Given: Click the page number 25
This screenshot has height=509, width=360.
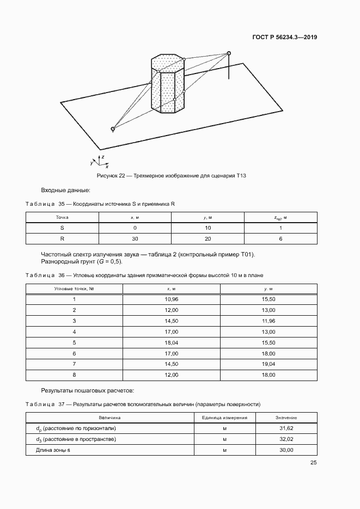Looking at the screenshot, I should [314, 463].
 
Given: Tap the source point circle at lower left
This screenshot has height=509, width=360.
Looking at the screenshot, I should [113, 129].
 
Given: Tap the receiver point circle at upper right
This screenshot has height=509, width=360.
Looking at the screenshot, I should [229, 53].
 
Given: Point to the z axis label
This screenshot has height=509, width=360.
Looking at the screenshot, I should [102, 156].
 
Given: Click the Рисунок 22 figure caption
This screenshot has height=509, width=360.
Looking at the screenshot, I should [172, 175].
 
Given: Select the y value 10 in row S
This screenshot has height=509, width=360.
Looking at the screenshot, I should [208, 228].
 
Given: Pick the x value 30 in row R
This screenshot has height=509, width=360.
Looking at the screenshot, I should [135, 238].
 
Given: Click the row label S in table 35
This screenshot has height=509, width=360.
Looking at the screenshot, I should [62, 228].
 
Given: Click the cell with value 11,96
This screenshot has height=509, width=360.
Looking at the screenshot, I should [268, 320].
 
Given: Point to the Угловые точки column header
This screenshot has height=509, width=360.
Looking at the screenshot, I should [74, 288].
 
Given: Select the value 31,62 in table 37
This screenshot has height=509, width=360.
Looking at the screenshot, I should [286, 428].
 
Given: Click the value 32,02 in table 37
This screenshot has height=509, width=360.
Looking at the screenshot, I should [286, 439].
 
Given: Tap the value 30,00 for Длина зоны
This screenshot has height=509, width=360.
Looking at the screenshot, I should [286, 450].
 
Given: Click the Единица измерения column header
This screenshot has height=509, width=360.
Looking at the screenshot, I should [224, 418].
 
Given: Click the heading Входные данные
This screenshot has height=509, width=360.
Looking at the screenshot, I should [65, 190].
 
